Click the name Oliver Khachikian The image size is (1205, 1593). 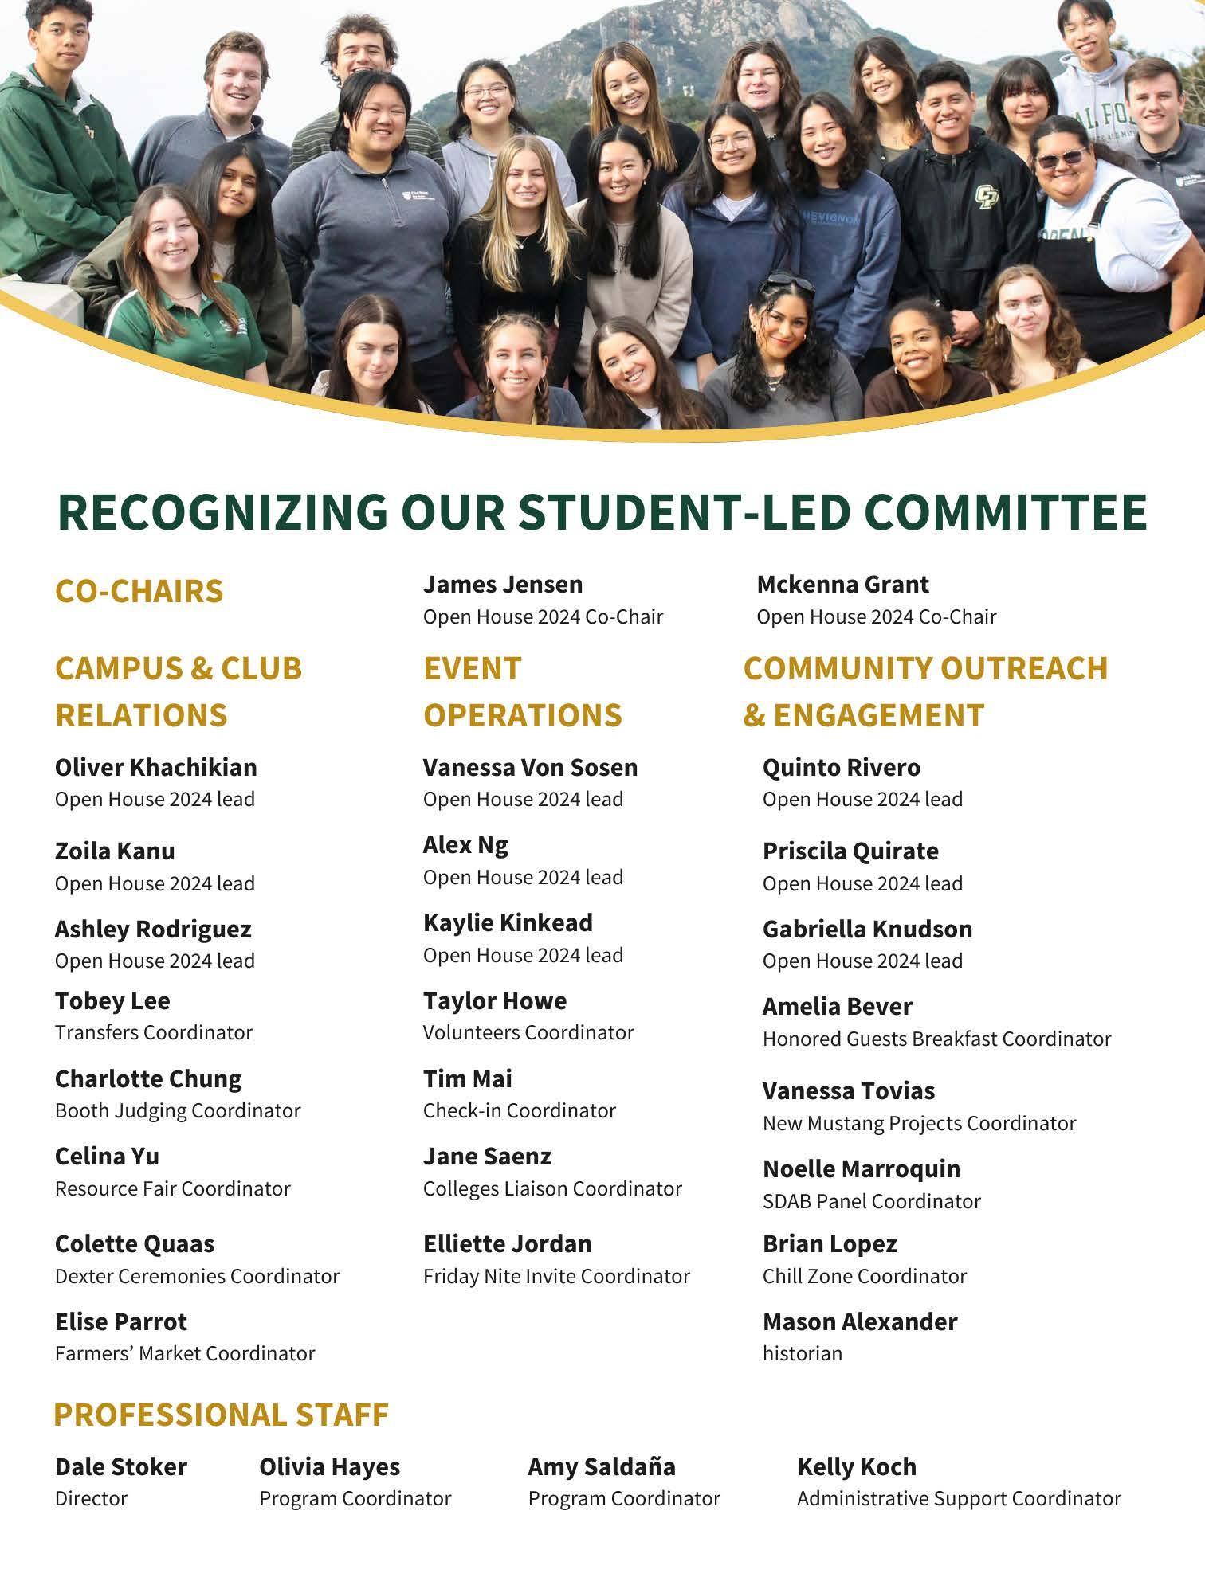(x=155, y=767)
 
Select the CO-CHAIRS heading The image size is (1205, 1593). (x=139, y=591)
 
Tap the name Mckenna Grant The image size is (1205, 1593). (x=842, y=584)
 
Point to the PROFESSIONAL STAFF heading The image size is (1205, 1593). (x=221, y=1415)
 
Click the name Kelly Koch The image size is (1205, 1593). (x=857, y=1466)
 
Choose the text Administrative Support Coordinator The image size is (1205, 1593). (x=959, y=1498)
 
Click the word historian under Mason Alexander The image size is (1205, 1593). (x=802, y=1353)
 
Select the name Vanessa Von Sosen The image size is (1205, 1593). (x=530, y=767)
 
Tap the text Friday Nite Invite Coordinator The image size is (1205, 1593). (x=556, y=1276)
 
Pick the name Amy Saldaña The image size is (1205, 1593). (x=602, y=1466)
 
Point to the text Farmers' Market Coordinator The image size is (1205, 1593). (x=185, y=1353)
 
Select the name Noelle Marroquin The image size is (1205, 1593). (x=861, y=1168)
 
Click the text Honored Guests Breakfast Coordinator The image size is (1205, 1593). (x=936, y=1039)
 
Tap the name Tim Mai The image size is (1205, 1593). (x=467, y=1078)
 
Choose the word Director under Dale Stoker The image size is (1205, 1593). (x=91, y=1498)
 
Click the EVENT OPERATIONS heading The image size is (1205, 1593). (x=522, y=691)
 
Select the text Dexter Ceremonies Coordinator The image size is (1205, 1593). (x=197, y=1276)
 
